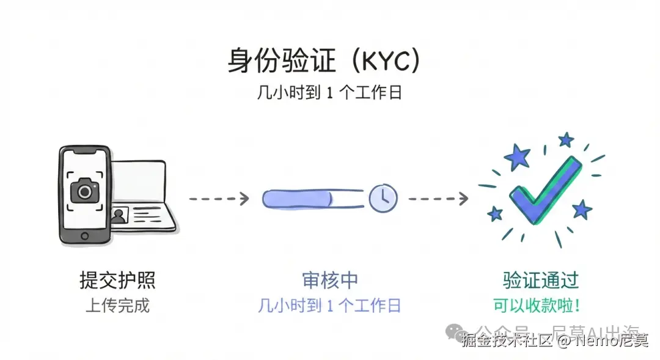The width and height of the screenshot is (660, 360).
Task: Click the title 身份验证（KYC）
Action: click(x=324, y=62)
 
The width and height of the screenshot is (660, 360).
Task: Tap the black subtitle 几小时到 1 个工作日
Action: click(x=329, y=94)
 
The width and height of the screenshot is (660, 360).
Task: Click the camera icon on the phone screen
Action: click(x=84, y=191)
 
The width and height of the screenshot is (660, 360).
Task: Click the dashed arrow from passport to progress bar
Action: click(x=218, y=198)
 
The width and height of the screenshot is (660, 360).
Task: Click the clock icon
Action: click(x=383, y=197)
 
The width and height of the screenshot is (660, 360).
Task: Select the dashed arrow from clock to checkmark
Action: click(x=438, y=198)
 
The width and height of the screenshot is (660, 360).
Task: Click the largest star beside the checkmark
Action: click(x=518, y=158)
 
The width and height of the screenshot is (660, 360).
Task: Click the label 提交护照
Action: click(x=117, y=281)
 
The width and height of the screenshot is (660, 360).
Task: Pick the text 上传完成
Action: click(x=117, y=305)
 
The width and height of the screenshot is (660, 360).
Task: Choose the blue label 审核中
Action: click(x=329, y=281)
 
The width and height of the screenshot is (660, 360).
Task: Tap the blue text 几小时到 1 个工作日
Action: click(x=329, y=305)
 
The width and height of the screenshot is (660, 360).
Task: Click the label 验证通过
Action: click(x=540, y=281)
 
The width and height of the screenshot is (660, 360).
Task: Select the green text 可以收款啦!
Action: click(x=537, y=305)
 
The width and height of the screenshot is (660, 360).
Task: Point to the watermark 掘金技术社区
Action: click(x=507, y=340)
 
